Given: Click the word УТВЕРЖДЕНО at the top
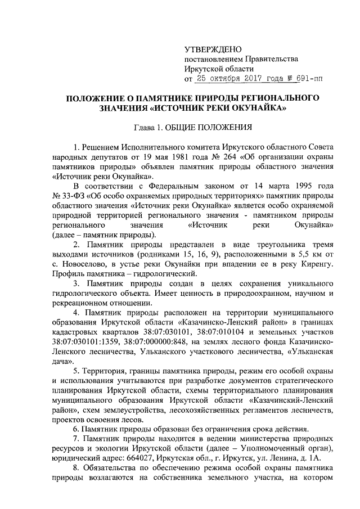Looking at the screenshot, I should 213,49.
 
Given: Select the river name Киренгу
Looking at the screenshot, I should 318,265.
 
